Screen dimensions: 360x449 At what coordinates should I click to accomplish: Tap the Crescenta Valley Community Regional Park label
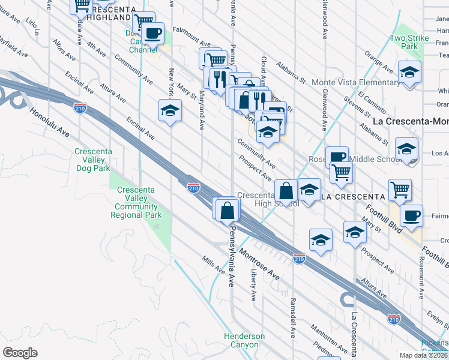point(136,202)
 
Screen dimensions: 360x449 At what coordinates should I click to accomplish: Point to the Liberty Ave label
point(253,284)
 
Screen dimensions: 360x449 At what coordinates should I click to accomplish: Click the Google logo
point(20,353)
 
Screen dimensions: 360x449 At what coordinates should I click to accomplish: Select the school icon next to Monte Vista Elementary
point(409,73)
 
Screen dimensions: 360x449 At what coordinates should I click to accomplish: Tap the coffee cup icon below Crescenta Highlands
point(153,33)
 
